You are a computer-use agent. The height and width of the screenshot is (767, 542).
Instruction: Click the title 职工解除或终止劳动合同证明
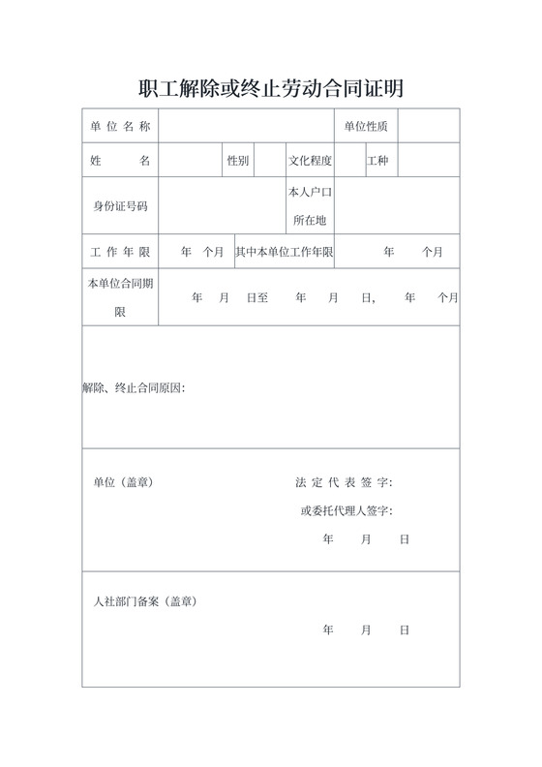pos(271,89)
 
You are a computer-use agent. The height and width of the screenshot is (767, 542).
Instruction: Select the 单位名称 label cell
pos(120,126)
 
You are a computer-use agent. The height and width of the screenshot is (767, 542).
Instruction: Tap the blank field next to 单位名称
pos(246,126)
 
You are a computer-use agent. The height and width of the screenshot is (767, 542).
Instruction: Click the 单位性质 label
pos(366,126)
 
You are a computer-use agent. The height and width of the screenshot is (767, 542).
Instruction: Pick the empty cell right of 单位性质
pos(428,126)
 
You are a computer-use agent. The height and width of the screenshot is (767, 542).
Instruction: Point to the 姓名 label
pos(120,161)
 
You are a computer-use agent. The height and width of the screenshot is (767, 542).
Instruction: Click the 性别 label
pos(237,161)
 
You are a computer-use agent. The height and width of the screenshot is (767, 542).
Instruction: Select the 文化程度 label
pos(310,161)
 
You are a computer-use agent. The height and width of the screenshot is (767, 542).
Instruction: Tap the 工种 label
pos(377,161)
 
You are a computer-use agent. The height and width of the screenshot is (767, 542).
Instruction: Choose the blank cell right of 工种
pos(428,161)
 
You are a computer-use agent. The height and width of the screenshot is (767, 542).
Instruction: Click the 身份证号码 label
pos(120,206)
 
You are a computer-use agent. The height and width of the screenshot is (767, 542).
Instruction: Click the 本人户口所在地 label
pos(310,206)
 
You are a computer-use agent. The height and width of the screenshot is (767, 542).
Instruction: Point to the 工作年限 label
pos(120,252)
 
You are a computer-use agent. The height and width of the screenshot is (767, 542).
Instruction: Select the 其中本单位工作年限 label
pos(285,252)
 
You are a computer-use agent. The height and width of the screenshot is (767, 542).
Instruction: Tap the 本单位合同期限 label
pos(120,298)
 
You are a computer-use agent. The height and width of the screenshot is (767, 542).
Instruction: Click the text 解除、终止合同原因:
pos(134,388)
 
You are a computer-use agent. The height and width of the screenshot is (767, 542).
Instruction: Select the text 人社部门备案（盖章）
pos(144,601)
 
